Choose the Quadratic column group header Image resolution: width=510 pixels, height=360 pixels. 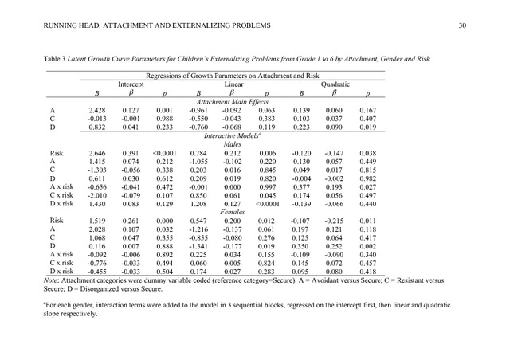click(x=335, y=84)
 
